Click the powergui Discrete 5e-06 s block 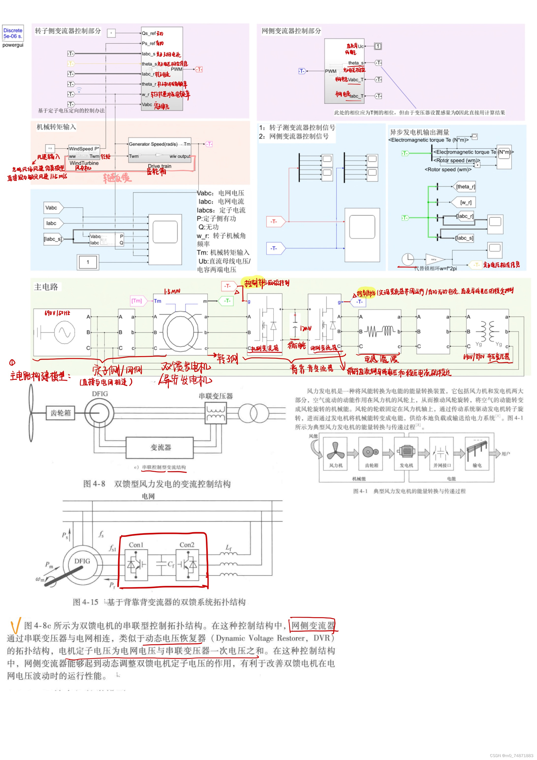pos(13,33)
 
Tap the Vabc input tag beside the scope pos(52,208)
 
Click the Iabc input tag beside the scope pos(52,223)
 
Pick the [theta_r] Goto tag pos(465,187)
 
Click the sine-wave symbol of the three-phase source pos(64,332)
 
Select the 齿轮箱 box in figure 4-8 pos(61,413)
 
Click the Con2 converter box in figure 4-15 pos(187,565)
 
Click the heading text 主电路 pos(46,287)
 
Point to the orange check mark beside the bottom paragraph pos(15,625)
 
